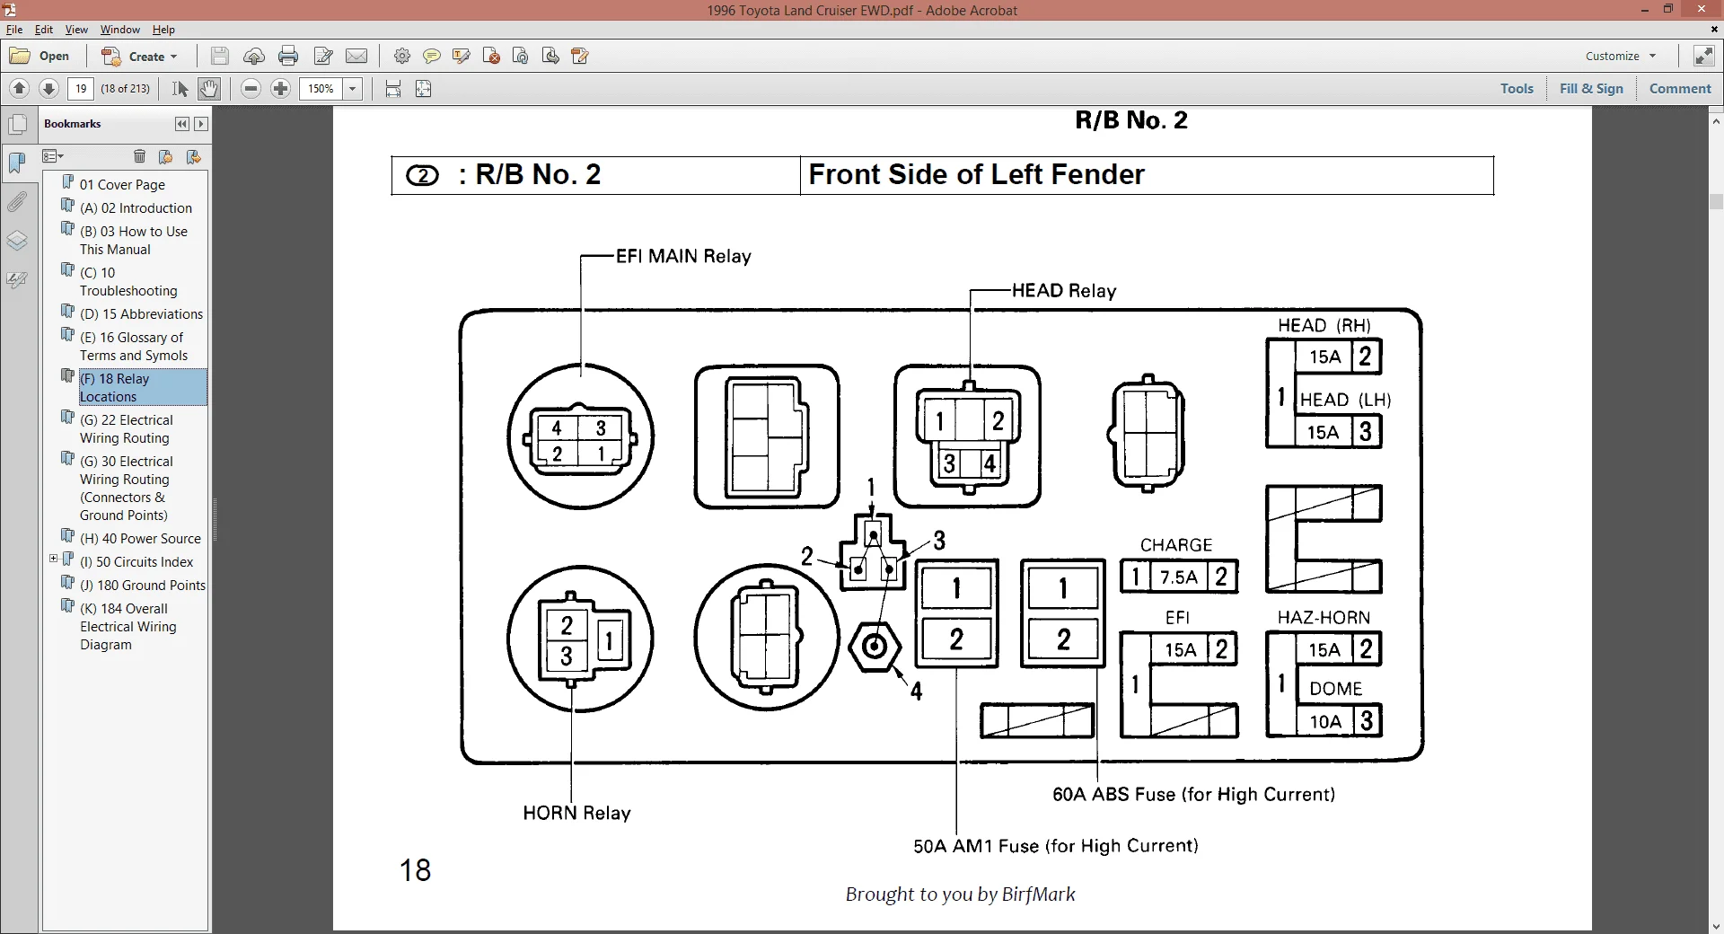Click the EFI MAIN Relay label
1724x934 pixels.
point(683,257)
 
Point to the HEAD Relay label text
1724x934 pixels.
point(1064,291)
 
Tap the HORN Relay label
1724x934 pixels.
point(576,813)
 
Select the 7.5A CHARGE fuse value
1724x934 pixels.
point(1179,577)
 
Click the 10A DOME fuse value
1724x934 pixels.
point(1325,722)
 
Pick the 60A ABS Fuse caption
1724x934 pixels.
point(1193,794)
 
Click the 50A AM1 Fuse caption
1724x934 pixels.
point(1056,846)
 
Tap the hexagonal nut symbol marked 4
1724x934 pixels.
point(875,647)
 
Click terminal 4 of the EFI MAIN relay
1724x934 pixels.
point(557,428)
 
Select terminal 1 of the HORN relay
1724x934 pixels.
point(610,640)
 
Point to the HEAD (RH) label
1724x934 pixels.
point(1324,325)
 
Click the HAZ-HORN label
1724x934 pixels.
point(1324,618)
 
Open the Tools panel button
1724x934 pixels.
point(1517,88)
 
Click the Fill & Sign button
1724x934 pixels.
point(1591,88)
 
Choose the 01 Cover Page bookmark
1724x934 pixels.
point(122,185)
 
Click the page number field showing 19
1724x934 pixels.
point(81,88)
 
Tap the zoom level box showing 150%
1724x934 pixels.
point(321,88)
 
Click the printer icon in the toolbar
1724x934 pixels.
point(288,56)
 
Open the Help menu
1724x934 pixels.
point(163,30)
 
